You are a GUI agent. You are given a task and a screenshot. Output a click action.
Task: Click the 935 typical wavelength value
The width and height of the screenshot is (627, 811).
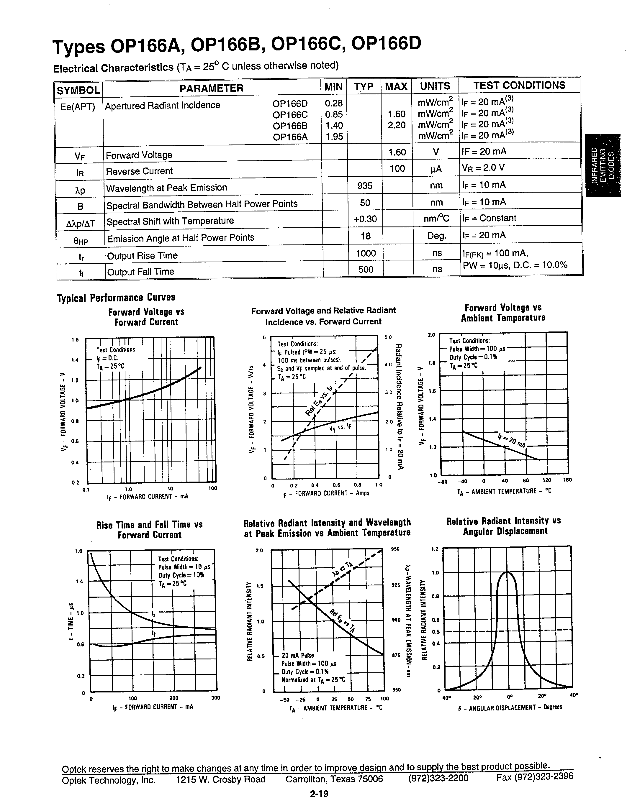364,185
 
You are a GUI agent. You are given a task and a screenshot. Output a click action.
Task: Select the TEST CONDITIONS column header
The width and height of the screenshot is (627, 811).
519,86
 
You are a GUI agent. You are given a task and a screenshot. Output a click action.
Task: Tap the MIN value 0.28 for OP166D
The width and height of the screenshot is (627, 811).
333,103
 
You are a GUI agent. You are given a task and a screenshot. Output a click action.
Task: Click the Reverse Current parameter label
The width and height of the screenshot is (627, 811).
139,171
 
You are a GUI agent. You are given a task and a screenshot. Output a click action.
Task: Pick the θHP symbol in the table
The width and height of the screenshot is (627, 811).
81,241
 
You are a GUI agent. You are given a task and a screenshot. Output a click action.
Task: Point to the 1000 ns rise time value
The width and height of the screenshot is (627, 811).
366,253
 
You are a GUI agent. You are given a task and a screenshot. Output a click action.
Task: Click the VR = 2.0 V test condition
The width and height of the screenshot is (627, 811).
483,168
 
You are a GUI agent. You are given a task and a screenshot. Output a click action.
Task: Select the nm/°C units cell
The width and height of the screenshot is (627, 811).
436,218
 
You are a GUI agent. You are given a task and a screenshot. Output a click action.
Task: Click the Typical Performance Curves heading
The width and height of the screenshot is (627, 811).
116,298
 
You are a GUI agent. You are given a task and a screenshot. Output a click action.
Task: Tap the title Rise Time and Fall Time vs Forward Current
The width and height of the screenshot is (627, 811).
149,530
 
